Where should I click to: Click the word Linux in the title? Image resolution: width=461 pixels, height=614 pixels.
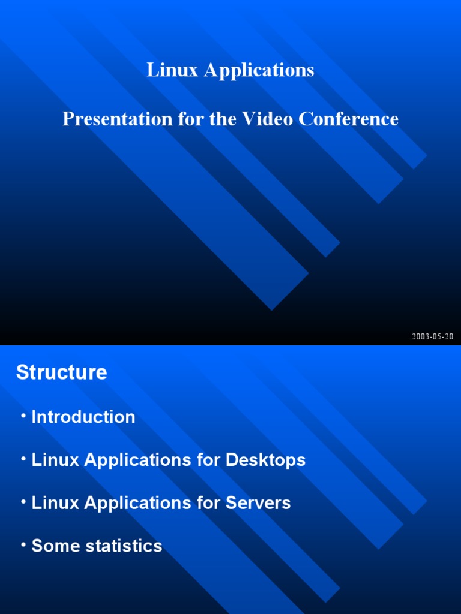[172, 70]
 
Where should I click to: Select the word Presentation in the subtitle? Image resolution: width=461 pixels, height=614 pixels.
[117, 119]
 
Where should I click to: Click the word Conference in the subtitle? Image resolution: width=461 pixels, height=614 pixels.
[349, 119]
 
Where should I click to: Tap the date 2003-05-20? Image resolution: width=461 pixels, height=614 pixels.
[432, 336]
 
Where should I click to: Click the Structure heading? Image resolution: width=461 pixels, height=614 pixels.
[62, 372]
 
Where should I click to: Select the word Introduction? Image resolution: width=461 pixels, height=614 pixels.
[83, 417]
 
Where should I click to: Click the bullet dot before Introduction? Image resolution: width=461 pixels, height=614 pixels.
[23, 415]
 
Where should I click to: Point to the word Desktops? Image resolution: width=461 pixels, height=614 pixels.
[265, 460]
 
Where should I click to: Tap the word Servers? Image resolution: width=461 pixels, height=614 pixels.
[258, 503]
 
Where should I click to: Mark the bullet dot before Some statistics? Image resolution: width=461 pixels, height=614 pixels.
[23, 544]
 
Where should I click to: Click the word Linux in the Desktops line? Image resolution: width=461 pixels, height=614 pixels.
[55, 460]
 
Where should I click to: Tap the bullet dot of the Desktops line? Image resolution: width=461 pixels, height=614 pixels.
[23, 458]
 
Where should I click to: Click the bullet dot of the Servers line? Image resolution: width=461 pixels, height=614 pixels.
[23, 501]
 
